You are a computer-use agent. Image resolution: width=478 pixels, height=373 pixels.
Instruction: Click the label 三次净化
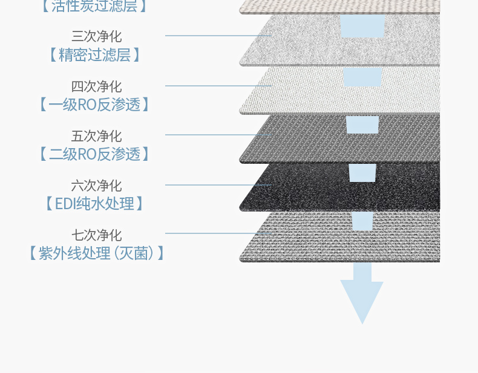coord(96,36)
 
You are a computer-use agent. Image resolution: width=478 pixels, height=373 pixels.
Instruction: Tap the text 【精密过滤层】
coord(94,55)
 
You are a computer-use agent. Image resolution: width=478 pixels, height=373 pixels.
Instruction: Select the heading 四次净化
coord(96,86)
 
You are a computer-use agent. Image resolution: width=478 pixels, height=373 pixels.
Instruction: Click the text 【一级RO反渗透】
coord(94,105)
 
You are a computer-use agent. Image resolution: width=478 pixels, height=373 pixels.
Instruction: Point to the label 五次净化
coord(96,136)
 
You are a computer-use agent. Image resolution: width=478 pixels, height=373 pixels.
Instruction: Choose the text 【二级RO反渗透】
coord(94,154)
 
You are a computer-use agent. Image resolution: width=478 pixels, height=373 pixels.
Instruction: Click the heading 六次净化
coord(96,186)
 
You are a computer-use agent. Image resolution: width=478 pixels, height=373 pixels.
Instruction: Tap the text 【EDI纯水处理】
coord(94,204)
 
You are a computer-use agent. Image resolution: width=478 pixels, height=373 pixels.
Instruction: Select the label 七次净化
coord(96,235)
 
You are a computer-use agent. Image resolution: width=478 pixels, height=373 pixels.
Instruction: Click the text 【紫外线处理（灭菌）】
coord(96,253)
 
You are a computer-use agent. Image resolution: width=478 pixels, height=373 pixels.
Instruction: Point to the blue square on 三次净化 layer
coord(362,26)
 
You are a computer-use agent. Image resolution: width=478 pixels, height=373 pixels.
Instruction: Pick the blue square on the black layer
coord(362,173)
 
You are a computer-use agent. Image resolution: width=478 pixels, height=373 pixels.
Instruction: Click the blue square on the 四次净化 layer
coord(362,77)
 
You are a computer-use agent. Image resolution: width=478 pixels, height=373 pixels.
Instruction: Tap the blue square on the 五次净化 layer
coord(362,125)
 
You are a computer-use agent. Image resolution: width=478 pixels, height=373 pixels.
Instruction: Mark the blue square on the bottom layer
coord(362,221)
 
